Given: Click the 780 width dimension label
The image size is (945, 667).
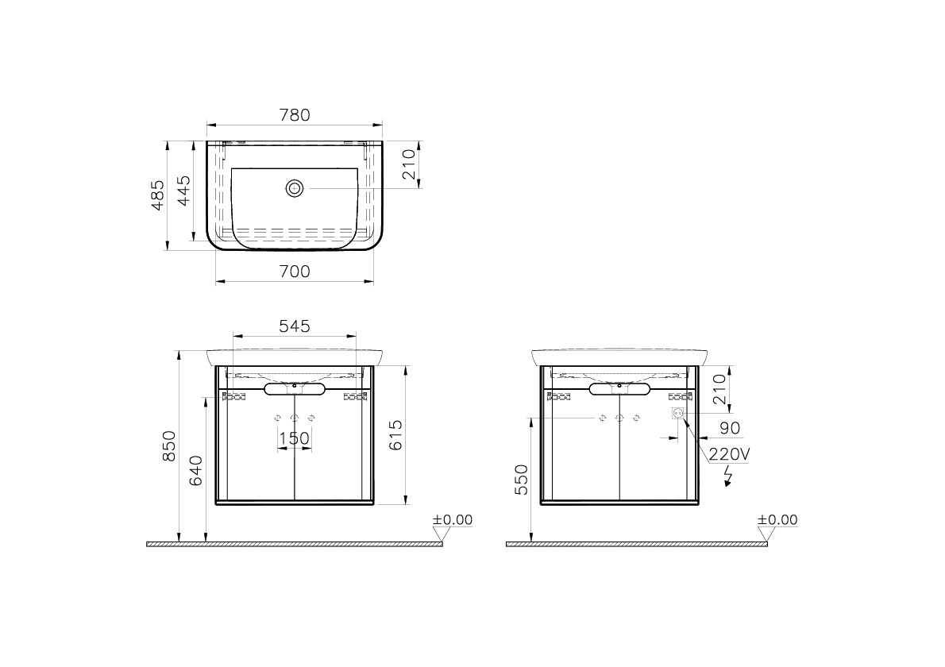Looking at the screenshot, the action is coord(295,114).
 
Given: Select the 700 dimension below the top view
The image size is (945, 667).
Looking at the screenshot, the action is coord(295,272).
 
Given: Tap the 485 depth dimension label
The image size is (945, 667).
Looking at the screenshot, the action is coord(157,195).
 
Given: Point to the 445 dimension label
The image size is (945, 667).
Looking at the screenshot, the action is coord(183,190).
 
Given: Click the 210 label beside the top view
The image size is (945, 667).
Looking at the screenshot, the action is coord(409,164).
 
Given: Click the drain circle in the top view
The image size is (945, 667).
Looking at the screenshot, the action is coord(295,189).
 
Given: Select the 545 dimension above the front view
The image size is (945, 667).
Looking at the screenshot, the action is coord(295,326).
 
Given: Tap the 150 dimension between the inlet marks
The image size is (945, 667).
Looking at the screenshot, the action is coord(295,438).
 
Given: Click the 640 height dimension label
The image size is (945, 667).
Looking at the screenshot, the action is coord(196,471).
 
